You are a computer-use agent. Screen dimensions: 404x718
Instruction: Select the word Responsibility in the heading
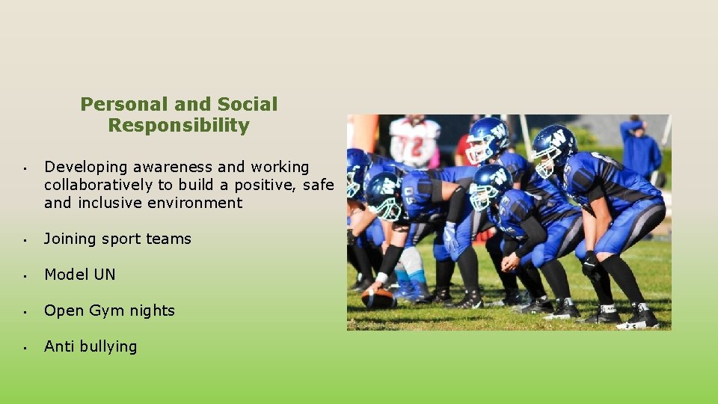(179, 125)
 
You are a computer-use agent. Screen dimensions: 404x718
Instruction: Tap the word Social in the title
(248, 104)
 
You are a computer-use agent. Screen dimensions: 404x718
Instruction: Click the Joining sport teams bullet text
(117, 239)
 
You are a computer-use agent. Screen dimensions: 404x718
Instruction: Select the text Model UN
(80, 275)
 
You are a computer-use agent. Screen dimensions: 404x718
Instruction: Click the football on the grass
(378, 298)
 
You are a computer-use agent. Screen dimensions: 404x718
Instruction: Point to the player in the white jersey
(414, 142)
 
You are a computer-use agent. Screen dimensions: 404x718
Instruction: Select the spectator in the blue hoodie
(640, 148)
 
